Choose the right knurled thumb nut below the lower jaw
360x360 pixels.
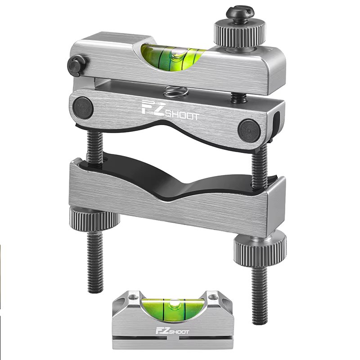pos(259,246)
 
